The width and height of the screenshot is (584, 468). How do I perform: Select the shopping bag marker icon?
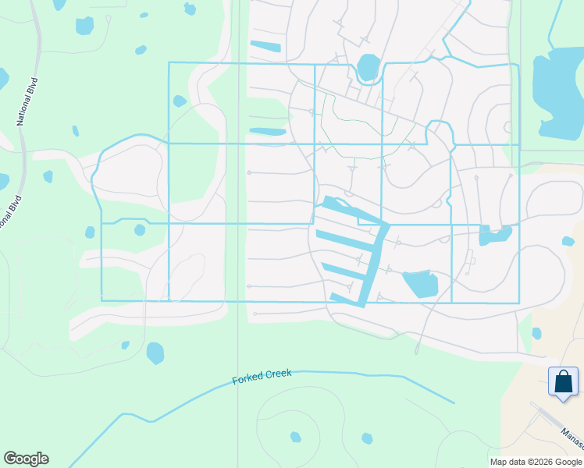563,382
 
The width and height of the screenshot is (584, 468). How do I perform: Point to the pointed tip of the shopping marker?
563,402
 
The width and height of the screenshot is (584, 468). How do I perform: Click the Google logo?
26,459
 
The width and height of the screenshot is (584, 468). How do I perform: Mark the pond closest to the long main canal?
420,283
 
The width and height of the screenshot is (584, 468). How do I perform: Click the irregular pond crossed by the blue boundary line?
494,233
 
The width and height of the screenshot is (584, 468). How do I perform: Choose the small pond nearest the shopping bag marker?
536,333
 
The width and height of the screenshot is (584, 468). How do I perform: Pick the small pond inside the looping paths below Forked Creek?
296,437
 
